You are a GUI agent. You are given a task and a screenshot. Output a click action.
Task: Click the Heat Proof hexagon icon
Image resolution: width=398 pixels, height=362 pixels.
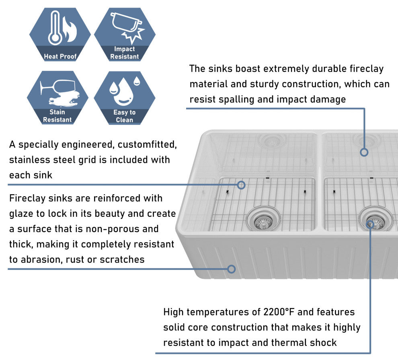point(60,35)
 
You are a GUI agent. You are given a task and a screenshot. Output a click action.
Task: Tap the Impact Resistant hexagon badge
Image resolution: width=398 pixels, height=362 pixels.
point(125,35)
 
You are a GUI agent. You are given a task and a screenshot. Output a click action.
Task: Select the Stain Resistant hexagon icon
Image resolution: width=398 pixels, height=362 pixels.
point(57,97)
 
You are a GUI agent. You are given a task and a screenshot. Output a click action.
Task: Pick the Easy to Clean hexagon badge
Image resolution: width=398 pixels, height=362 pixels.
point(125,97)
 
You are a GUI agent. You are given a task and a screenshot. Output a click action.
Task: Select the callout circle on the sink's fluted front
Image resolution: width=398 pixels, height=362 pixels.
point(231,269)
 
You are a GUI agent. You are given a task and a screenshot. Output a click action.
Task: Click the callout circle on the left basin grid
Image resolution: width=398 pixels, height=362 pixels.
point(241,185)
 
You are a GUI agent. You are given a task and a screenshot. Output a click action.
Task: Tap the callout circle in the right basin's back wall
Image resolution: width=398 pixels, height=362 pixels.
point(364,152)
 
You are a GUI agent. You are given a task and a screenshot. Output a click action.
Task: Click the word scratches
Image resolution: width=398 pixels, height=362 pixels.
point(123,259)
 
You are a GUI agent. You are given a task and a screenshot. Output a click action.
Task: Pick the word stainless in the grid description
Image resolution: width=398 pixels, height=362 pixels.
point(29,160)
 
